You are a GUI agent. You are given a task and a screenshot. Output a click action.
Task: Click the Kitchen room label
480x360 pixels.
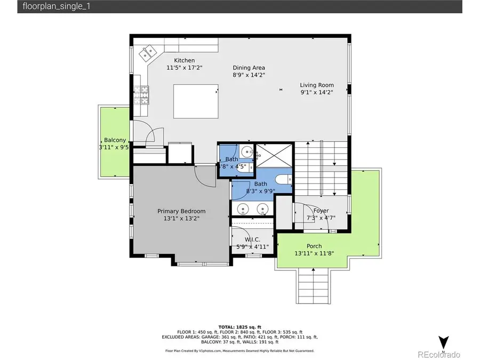point(184,60)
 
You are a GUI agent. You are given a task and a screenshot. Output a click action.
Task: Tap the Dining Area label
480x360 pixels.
point(249,68)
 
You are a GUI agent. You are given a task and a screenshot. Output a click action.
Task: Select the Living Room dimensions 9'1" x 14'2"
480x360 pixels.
point(316,92)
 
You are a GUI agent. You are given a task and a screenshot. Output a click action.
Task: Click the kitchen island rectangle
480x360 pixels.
point(196,101)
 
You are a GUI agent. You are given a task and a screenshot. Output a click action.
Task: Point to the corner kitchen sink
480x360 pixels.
point(147,53)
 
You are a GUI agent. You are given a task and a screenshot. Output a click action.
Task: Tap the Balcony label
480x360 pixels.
point(115,140)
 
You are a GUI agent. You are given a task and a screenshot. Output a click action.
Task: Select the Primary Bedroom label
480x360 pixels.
point(181,211)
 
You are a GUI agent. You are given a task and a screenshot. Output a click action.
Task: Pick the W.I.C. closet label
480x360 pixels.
point(252,239)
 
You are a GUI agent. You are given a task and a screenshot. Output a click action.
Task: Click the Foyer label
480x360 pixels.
point(321,211)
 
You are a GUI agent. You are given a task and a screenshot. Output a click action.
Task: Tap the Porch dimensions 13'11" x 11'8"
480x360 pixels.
point(314,253)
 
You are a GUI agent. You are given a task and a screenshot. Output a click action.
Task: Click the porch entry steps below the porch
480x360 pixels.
point(312,285)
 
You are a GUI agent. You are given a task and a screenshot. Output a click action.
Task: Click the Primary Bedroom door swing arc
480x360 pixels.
point(204,177)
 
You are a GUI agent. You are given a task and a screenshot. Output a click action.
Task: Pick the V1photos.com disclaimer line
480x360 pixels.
point(239,350)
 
